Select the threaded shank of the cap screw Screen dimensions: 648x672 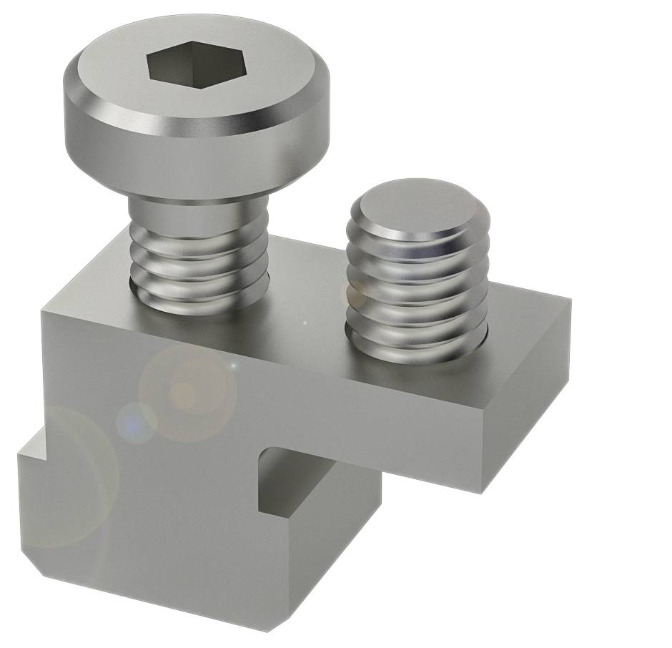[x=199, y=268]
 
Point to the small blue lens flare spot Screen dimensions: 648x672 [x=136, y=422]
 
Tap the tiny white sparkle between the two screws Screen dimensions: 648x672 [x=305, y=323]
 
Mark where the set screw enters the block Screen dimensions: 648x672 [x=417, y=350]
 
